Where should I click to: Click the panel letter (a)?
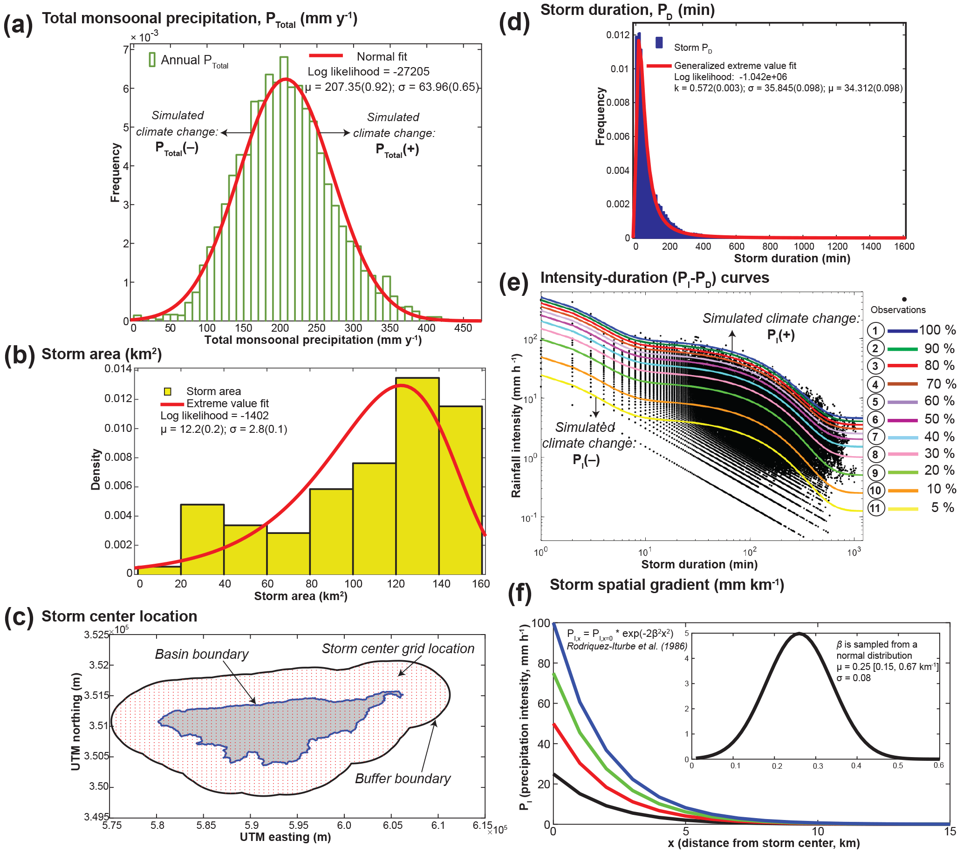coord(18,25)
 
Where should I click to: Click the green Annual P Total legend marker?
coord(152,60)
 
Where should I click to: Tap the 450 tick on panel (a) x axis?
coord(463,328)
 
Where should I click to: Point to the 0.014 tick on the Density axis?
coord(118,369)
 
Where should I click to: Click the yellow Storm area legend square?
coord(167,391)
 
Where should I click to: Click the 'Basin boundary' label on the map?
coord(202,654)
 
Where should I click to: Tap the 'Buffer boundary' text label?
coord(403,779)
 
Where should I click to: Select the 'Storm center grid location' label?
coord(398,649)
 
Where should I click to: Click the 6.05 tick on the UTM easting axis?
coord(392,825)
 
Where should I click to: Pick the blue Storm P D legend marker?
coord(659,43)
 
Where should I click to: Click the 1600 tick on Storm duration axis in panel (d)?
coord(904,246)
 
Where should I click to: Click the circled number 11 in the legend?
coord(875,508)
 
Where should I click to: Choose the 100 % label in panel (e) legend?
coord(937,330)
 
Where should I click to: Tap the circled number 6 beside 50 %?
coord(875,420)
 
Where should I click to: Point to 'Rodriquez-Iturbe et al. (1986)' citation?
coord(627,646)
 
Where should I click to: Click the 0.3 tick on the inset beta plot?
coord(818,766)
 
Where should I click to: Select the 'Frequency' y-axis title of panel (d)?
coord(600,116)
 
